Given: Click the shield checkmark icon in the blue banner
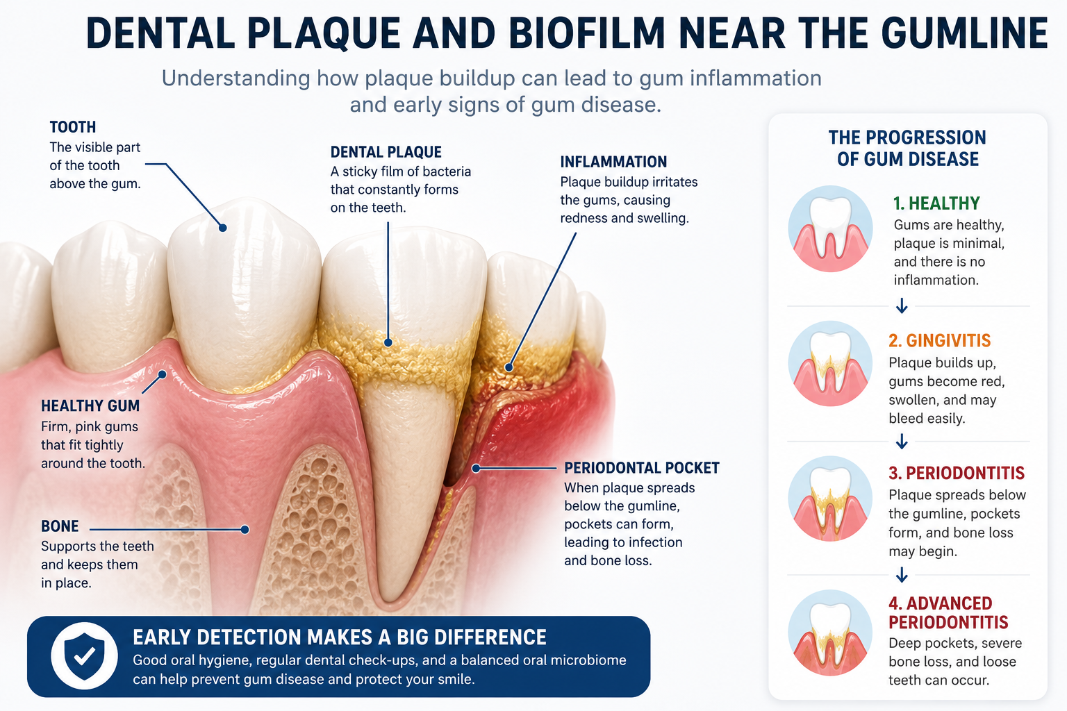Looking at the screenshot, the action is pos(84,656).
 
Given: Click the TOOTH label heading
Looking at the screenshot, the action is pos(73,127).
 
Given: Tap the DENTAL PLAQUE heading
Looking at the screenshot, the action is pos(386,152).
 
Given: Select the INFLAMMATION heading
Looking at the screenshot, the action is pos(613,162).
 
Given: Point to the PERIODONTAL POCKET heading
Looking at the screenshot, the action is pos(642,468).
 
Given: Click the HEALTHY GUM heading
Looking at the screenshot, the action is pos(90,405).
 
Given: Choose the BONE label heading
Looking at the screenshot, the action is pos(60,526).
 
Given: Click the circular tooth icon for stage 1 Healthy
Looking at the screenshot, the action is pos(830,228).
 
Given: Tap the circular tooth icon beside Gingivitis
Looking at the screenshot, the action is pos(830,363).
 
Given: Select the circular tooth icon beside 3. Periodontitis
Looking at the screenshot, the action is pos(830,499).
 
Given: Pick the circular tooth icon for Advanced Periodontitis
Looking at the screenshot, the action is pos(830,633).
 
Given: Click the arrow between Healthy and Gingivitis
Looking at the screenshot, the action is pos(902,306).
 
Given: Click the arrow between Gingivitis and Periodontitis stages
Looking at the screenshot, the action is pos(902,442).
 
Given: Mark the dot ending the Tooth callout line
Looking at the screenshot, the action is pos(222,228).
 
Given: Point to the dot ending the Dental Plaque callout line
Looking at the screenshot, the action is pos(388,343).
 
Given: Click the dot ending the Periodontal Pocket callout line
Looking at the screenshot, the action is pos(475,469).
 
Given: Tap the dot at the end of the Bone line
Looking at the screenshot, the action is pos(245,530).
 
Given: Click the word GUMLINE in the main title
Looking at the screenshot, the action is pos(964,33).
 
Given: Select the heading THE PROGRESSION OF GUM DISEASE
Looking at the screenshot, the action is pos(907,148).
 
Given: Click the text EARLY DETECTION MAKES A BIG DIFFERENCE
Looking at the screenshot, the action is pos(339,637).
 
